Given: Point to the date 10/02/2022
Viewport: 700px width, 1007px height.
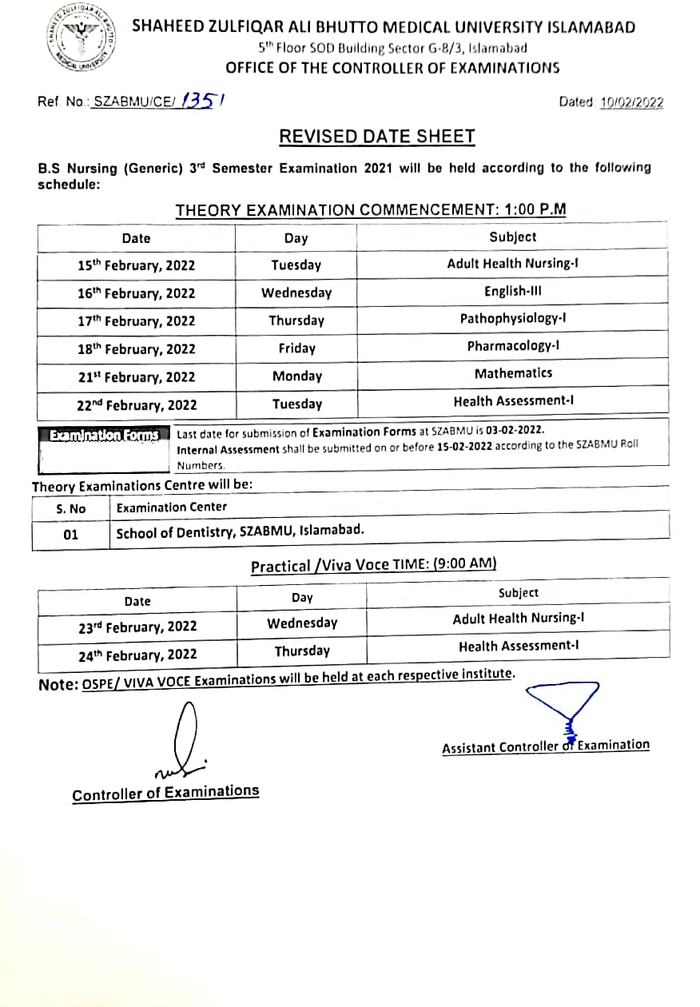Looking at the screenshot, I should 631,102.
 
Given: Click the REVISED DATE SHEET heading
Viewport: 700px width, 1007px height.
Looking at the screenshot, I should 376,137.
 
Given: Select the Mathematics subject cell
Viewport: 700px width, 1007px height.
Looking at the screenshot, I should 513,373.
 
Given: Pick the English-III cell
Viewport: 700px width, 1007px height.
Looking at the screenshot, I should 513,292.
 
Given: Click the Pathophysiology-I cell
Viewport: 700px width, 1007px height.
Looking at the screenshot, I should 513,319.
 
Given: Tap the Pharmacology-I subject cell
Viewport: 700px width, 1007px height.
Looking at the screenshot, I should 513,346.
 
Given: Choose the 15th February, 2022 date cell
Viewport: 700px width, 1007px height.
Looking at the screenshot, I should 136,265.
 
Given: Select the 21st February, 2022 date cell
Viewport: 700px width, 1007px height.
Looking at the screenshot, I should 136,377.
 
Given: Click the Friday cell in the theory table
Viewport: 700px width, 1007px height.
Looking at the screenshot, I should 297,348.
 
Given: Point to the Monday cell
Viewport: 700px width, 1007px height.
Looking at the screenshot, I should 297,376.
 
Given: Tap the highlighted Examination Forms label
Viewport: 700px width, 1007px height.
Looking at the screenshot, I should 104,436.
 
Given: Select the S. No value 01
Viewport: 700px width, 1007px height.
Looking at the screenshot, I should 71,535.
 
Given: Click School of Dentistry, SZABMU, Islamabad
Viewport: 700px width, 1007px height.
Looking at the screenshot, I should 240,531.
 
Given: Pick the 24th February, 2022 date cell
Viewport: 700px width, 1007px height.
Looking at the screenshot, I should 137,655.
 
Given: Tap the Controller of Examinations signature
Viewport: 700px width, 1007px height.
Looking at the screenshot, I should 182,743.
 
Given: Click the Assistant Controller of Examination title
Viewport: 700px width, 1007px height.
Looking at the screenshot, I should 546,746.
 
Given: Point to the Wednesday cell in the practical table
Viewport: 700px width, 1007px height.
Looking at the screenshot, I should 302,623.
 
